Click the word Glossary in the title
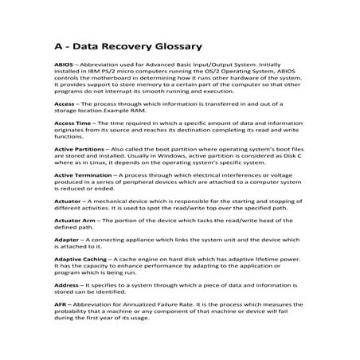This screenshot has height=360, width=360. tap(177, 47)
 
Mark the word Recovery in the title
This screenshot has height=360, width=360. tap(127, 47)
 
